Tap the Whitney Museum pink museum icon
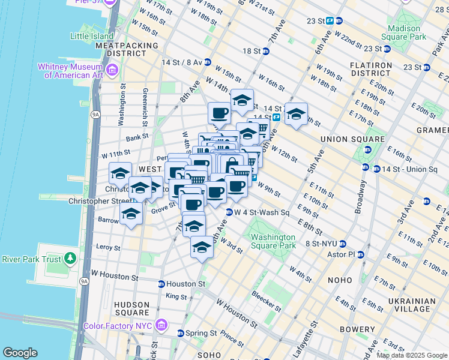112,71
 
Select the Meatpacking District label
126,49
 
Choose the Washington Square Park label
274,241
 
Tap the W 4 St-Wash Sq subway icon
229,212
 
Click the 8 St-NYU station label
322,244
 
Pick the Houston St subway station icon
161,284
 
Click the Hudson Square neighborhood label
131,308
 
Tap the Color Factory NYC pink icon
161,326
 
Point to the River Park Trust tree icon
70,259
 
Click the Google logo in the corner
20,352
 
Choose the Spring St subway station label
202,333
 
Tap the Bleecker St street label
265,303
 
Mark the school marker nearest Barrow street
130,214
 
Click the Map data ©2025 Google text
411,355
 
